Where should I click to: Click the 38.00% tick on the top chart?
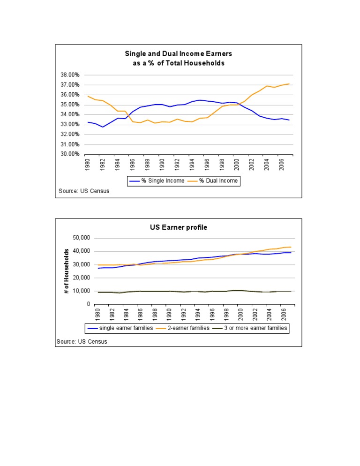69,75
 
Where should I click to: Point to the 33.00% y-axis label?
69,124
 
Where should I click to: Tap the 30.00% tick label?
69,154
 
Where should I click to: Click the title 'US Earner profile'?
179,227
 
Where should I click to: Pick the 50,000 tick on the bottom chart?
81,238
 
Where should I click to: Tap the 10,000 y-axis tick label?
81,291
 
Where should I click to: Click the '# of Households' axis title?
67,271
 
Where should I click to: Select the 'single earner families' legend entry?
126,328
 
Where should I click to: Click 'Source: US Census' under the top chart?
84,191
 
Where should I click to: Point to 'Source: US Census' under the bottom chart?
82,342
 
